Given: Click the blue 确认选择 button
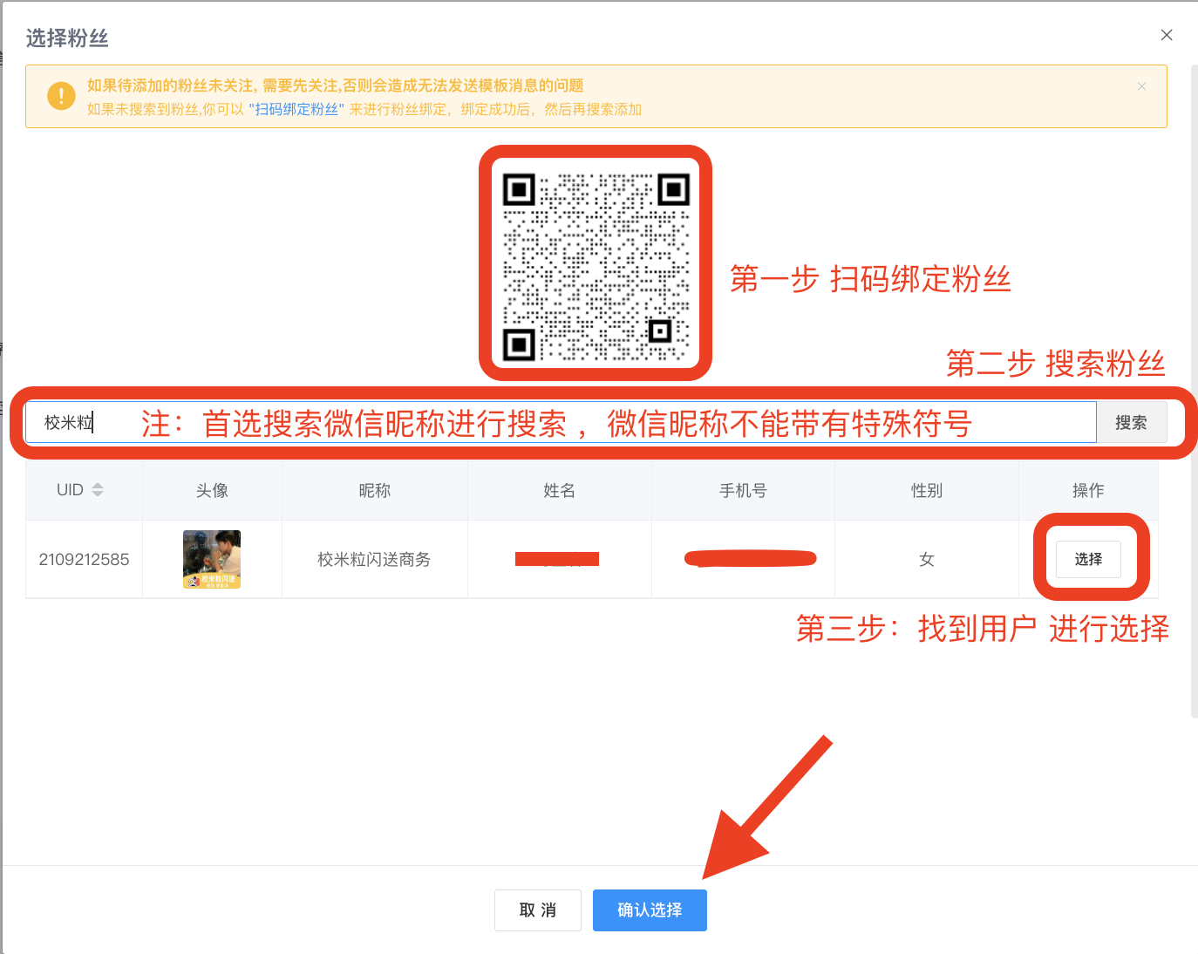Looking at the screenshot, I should tap(650, 910).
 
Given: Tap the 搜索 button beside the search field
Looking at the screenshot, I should tap(1131, 423).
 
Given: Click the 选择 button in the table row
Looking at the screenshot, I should tap(1088, 559).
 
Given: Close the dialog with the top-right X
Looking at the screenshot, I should tap(1167, 35).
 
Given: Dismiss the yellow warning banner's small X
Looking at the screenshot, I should tap(1141, 86).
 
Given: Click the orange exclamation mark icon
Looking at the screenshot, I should tap(61, 95).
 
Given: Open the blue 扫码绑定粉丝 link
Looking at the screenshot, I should tap(296, 109).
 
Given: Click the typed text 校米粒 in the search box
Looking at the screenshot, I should tap(69, 423).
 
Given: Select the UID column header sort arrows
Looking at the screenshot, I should tap(98, 490).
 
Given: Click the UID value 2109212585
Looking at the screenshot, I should tap(84, 559).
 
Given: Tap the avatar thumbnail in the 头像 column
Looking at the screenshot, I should tap(212, 559).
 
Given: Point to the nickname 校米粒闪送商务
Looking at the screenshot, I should tap(374, 559).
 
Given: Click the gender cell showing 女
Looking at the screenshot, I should tap(926, 559).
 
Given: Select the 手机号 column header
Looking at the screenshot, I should tap(743, 490).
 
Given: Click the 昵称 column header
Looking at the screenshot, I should tap(375, 490).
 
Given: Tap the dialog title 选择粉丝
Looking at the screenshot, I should tap(67, 38).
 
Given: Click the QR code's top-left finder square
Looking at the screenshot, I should tap(519, 189).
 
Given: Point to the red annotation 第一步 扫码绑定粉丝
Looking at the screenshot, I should tap(870, 279).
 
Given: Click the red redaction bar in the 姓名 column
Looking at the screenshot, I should tap(557, 559).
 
